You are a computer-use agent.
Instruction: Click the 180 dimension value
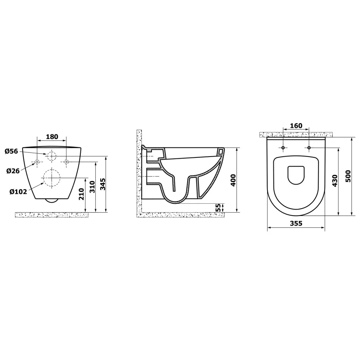52,136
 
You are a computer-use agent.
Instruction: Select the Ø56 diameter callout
11,151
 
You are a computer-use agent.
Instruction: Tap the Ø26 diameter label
13,171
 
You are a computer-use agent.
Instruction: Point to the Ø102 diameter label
18,191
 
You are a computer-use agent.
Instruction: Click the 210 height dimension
81,194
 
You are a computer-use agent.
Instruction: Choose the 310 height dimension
92,186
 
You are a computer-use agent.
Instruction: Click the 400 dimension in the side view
233,180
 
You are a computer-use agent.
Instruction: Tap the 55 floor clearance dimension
219,208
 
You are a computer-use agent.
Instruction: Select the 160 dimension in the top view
296,126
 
